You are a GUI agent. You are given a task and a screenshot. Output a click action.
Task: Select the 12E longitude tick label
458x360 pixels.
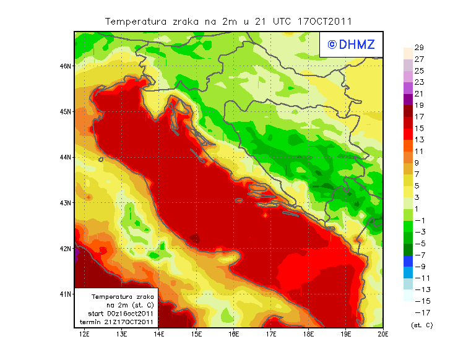(x=84, y=335)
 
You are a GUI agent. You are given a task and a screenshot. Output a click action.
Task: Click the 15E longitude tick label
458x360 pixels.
(x=197, y=335)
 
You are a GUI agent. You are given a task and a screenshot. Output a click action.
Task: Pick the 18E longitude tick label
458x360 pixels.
(x=309, y=335)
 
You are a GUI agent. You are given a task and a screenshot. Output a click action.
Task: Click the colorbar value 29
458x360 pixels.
(x=419, y=48)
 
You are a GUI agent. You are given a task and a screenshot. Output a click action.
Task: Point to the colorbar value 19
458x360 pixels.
(x=419, y=105)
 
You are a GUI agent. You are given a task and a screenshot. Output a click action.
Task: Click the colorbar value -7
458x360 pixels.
(x=419, y=255)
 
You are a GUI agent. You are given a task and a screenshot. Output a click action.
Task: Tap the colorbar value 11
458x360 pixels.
(x=419, y=151)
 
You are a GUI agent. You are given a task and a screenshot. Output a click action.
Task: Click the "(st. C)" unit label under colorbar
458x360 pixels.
(x=421, y=325)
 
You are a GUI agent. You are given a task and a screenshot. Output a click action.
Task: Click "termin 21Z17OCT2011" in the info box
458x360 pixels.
(x=121, y=322)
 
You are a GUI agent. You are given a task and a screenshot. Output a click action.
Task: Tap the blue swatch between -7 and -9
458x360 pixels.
(x=407, y=260)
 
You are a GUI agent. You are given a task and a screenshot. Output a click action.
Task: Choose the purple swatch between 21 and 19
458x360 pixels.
(x=407, y=100)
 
